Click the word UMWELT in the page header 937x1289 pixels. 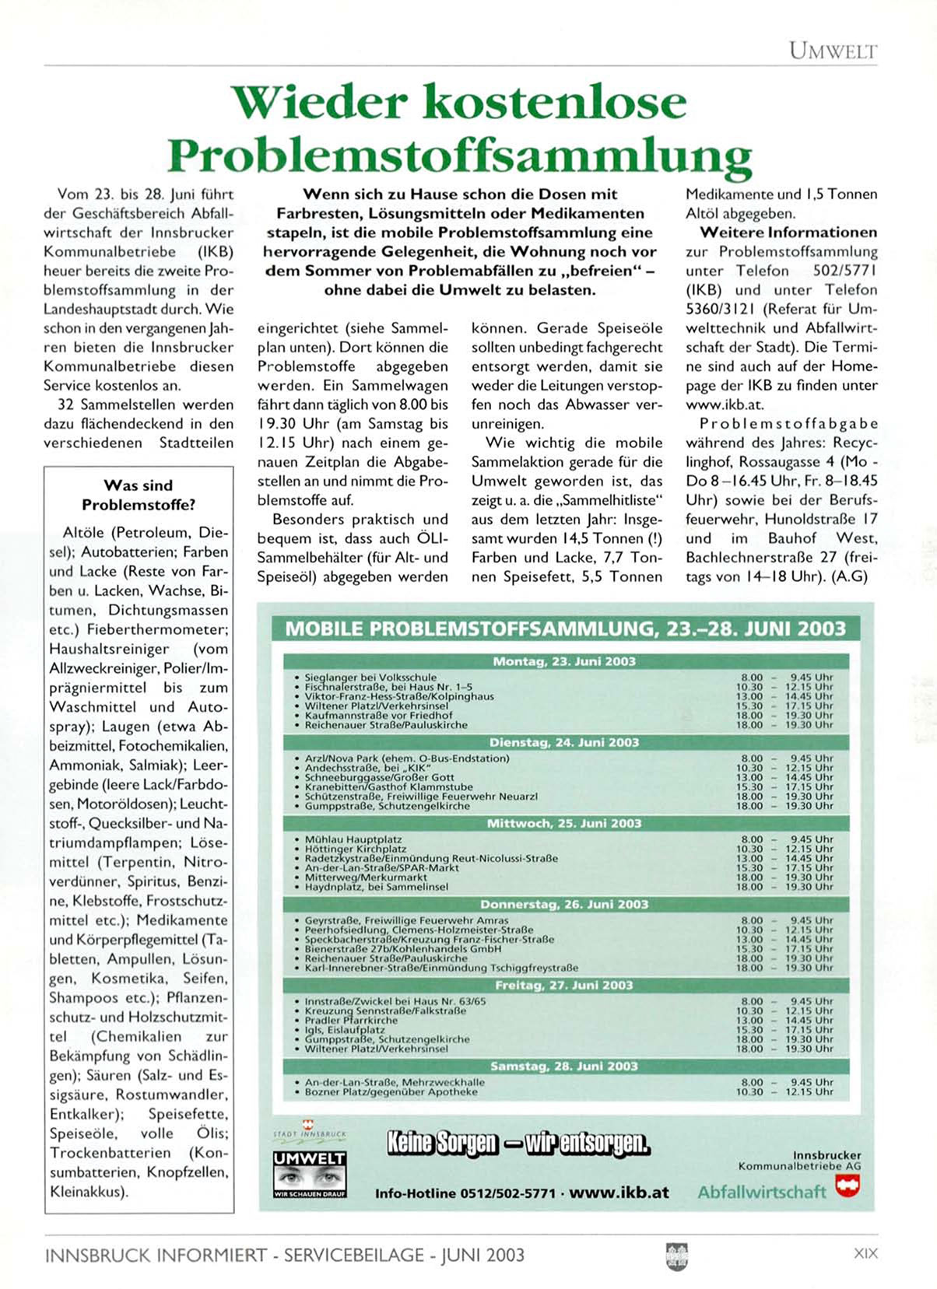click(x=833, y=51)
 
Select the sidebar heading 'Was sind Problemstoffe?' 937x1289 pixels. click(x=139, y=495)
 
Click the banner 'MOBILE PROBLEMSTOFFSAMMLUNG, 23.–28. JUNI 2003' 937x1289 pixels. click(x=565, y=629)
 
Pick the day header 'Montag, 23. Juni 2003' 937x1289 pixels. click(x=564, y=661)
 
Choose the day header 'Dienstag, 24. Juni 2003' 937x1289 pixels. click(x=564, y=742)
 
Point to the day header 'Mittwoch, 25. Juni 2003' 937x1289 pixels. click(x=564, y=823)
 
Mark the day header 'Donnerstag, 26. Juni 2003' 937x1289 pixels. click(x=564, y=904)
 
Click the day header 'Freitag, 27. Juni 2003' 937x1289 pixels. click(x=564, y=985)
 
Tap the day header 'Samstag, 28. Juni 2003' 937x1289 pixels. click(x=564, y=1066)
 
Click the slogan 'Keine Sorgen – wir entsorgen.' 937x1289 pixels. click(x=518, y=1143)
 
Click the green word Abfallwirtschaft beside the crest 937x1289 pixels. click(x=761, y=1192)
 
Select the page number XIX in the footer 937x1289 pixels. click(x=865, y=1253)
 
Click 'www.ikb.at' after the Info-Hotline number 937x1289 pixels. click(x=619, y=1193)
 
